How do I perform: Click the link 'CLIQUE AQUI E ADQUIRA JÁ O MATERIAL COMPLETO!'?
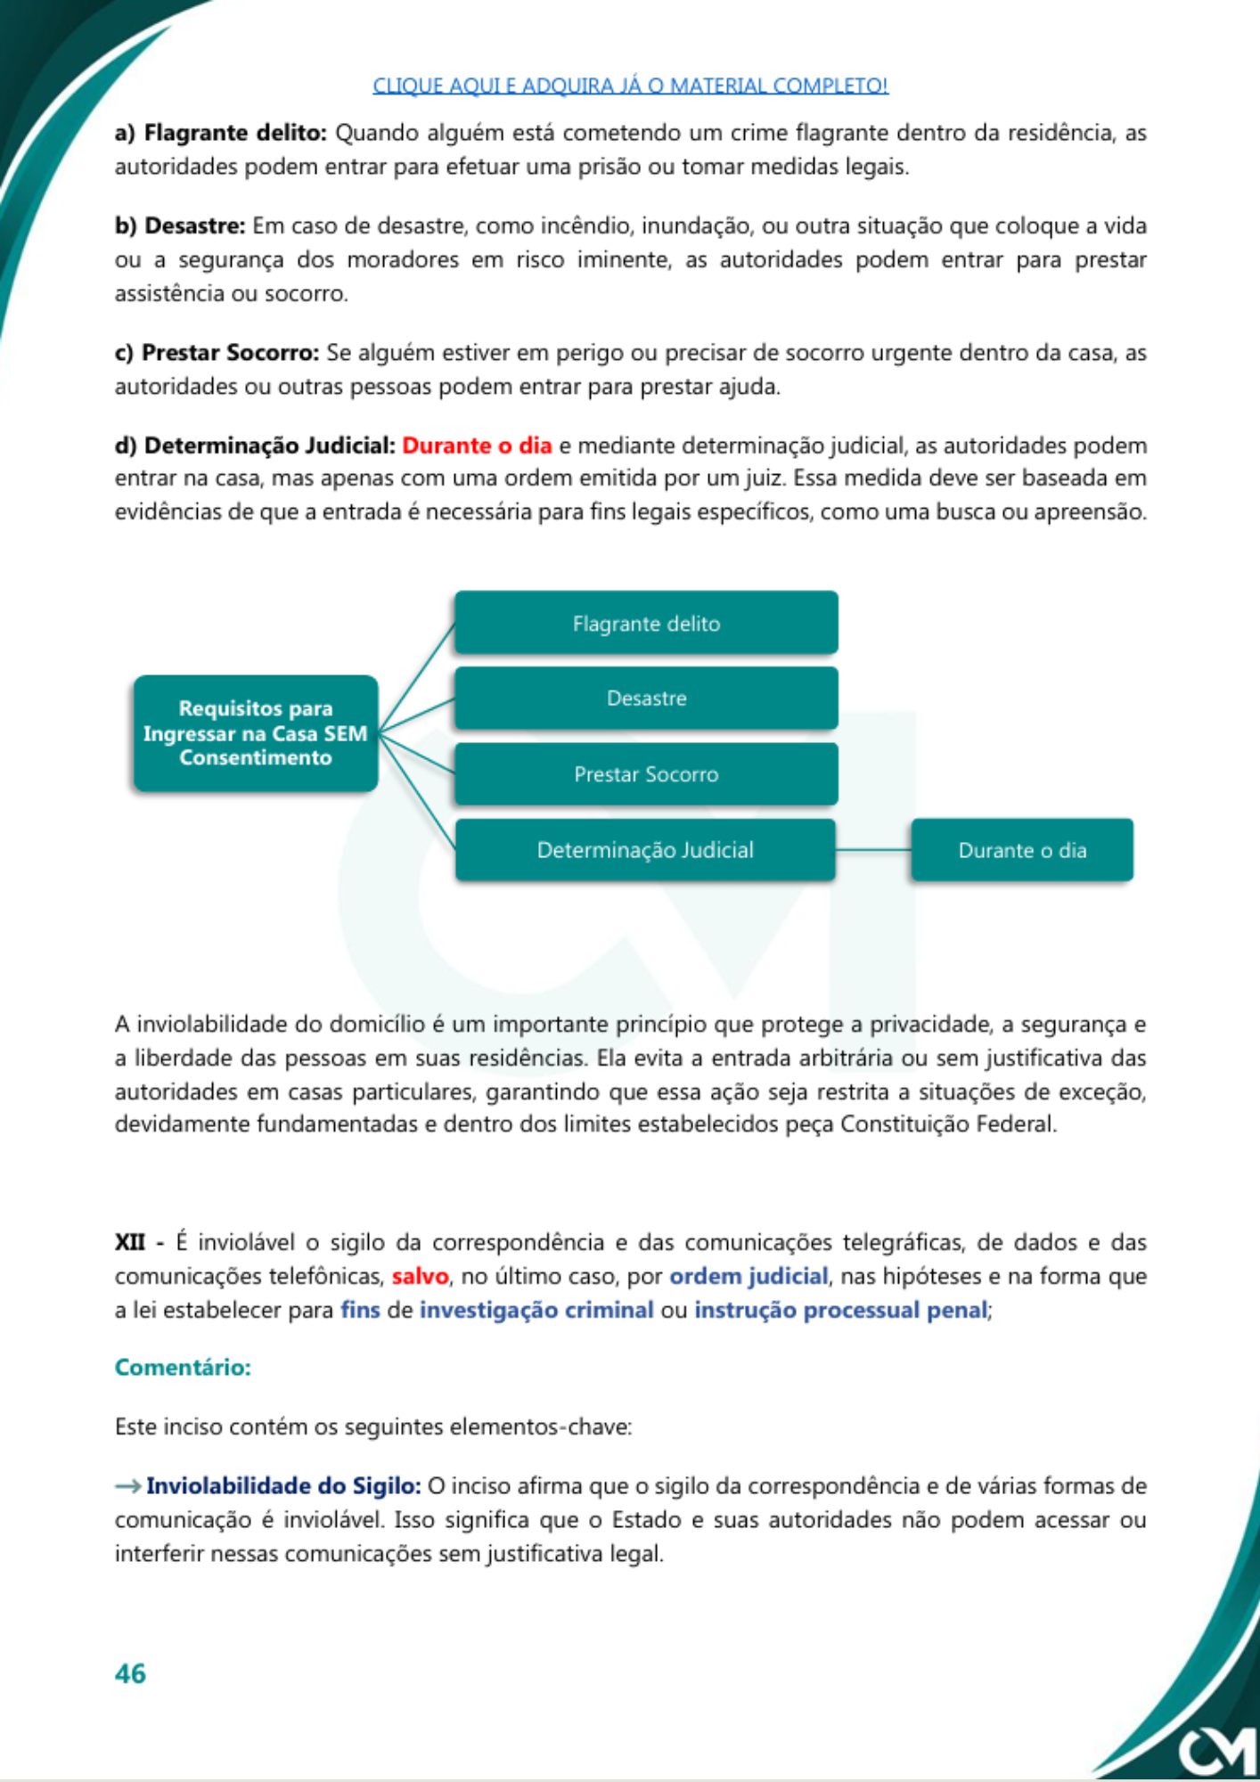pyautogui.click(x=630, y=86)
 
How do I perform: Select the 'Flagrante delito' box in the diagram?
pyautogui.click(x=646, y=623)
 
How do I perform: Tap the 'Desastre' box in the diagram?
pyautogui.click(x=646, y=698)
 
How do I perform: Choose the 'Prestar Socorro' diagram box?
pyautogui.click(x=646, y=773)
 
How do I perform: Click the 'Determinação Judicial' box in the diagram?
pyautogui.click(x=645, y=850)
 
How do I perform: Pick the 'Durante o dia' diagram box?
pyautogui.click(x=1021, y=850)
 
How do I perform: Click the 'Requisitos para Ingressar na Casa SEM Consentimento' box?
pyautogui.click(x=256, y=733)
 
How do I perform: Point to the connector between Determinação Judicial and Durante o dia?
pyautogui.click(x=873, y=850)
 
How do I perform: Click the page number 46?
pyautogui.click(x=130, y=1673)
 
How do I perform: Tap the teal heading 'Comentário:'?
pyautogui.click(x=183, y=1367)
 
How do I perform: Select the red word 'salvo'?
pyautogui.click(x=420, y=1276)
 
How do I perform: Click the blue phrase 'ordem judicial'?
pyautogui.click(x=749, y=1276)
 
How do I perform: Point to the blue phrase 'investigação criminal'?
pyautogui.click(x=536, y=1310)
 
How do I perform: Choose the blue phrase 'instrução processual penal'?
pyautogui.click(x=840, y=1310)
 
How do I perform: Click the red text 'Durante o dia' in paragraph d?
pyautogui.click(x=477, y=445)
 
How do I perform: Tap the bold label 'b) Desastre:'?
pyautogui.click(x=180, y=225)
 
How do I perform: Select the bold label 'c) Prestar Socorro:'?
pyautogui.click(x=217, y=353)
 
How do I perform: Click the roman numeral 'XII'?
pyautogui.click(x=129, y=1242)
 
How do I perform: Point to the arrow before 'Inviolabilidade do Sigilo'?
pyautogui.click(x=127, y=1486)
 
